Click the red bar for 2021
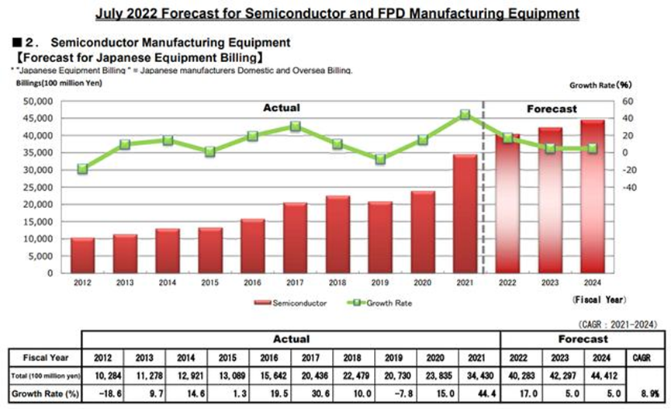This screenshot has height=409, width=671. click(465, 213)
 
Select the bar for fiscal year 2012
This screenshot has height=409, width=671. click(82, 255)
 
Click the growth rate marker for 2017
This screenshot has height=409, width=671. click(296, 127)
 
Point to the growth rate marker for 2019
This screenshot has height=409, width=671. click(380, 159)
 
